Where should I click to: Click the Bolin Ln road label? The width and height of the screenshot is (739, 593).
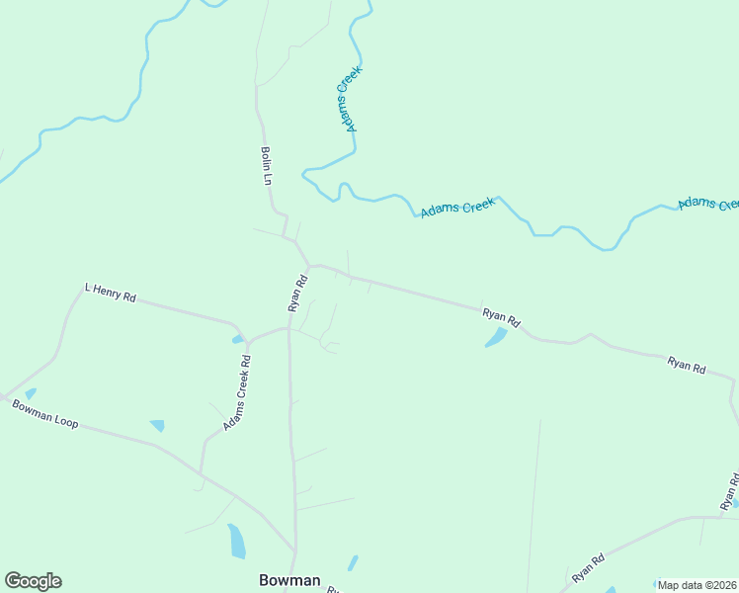(x=266, y=166)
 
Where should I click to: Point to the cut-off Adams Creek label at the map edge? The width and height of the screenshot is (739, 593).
(x=708, y=203)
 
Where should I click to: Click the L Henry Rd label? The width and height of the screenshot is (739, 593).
(x=110, y=293)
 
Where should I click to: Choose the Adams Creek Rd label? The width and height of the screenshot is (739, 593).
(x=237, y=393)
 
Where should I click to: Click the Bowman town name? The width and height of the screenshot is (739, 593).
(x=289, y=580)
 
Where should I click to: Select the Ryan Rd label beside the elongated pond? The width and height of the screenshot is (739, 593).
(x=501, y=317)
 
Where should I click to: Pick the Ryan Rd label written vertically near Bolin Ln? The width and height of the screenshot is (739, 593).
(x=298, y=294)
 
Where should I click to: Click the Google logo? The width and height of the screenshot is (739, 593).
(x=33, y=581)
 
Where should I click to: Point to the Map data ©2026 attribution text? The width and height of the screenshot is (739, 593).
(x=697, y=585)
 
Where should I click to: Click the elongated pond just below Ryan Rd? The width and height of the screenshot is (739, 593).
(x=496, y=337)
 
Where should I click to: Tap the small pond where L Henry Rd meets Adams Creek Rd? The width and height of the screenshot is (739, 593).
(x=238, y=339)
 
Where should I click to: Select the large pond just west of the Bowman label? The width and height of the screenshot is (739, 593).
(x=236, y=541)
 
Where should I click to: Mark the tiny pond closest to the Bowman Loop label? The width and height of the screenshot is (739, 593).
(x=30, y=393)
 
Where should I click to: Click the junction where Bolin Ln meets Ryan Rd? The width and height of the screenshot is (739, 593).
(x=310, y=265)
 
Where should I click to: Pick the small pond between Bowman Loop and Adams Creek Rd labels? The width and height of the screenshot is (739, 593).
(x=157, y=425)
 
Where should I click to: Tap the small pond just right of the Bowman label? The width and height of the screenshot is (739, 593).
(x=353, y=563)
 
